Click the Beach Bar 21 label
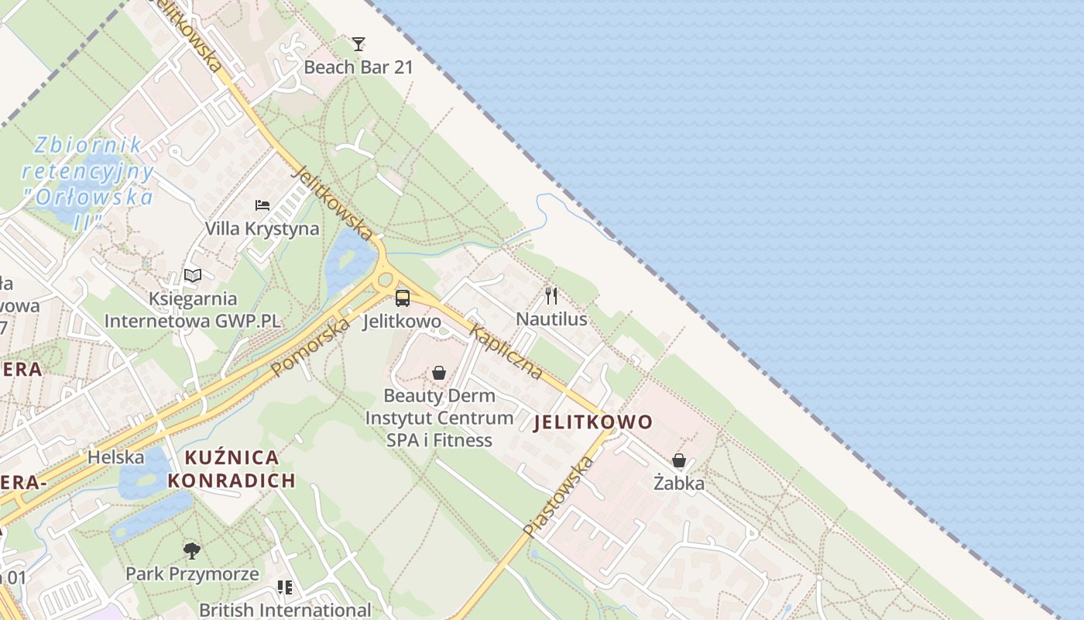tap(358, 67)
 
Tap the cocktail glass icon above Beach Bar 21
tap(358, 43)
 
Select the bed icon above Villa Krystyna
tap(262, 205)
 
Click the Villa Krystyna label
tap(262, 229)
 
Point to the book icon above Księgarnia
tap(193, 275)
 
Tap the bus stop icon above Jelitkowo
tap(403, 298)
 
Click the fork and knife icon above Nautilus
tap(551, 295)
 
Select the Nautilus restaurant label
tap(551, 319)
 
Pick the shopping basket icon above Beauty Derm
tap(439, 373)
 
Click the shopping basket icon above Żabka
tap(679, 460)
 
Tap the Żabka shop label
tap(679, 484)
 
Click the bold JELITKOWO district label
tap(593, 422)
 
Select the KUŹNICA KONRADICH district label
tap(232, 469)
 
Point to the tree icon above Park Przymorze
tap(192, 551)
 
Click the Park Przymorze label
tap(192, 574)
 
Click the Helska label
tap(115, 457)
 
